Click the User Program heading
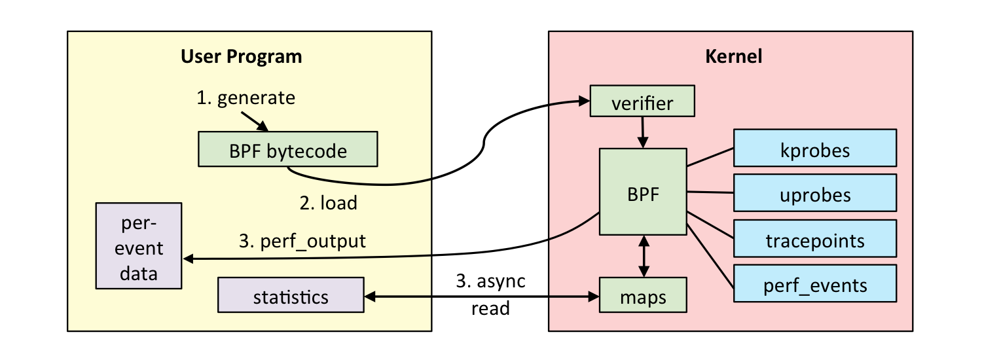click(242, 57)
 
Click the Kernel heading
click(733, 57)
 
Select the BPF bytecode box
click(288, 151)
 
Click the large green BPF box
click(643, 192)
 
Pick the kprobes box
click(814, 150)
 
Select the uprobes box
click(814, 194)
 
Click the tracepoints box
click(814, 240)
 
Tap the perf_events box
click(814, 285)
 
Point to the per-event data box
click(139, 246)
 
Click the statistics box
click(291, 297)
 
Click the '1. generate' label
click(246, 98)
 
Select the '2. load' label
click(329, 203)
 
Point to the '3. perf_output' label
click(302, 242)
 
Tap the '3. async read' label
click(491, 294)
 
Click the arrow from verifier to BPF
click(644, 132)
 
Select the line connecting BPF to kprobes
click(710, 157)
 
